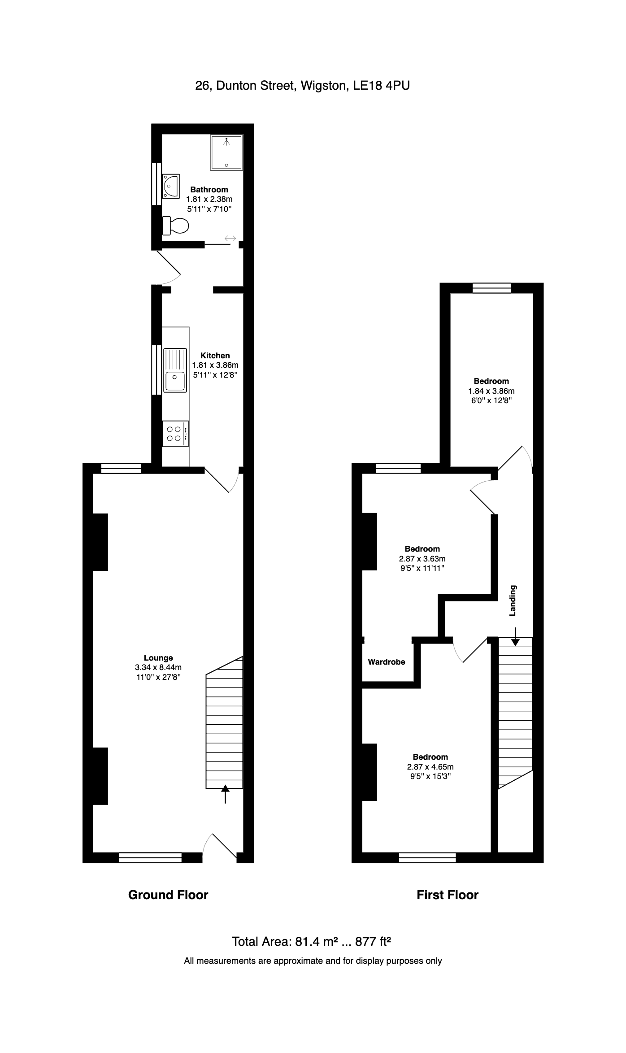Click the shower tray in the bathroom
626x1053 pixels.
coord(226,152)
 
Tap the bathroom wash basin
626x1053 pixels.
coord(170,186)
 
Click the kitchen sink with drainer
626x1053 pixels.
coord(175,370)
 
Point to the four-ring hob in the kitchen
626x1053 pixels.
coord(175,434)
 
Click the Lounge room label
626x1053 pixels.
coord(158,658)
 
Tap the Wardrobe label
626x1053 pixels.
coord(387,661)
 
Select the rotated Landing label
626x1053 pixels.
coord(513,600)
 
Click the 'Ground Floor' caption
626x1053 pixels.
coord(168,895)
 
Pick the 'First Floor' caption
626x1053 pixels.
coord(448,895)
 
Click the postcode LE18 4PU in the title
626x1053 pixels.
coord(382,85)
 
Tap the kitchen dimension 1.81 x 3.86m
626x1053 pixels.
coord(215,365)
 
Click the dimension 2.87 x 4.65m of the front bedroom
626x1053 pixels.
coord(430,767)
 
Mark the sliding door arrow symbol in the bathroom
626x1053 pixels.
coord(230,238)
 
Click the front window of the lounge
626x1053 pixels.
coord(150,857)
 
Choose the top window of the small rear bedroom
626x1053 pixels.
coord(491,288)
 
